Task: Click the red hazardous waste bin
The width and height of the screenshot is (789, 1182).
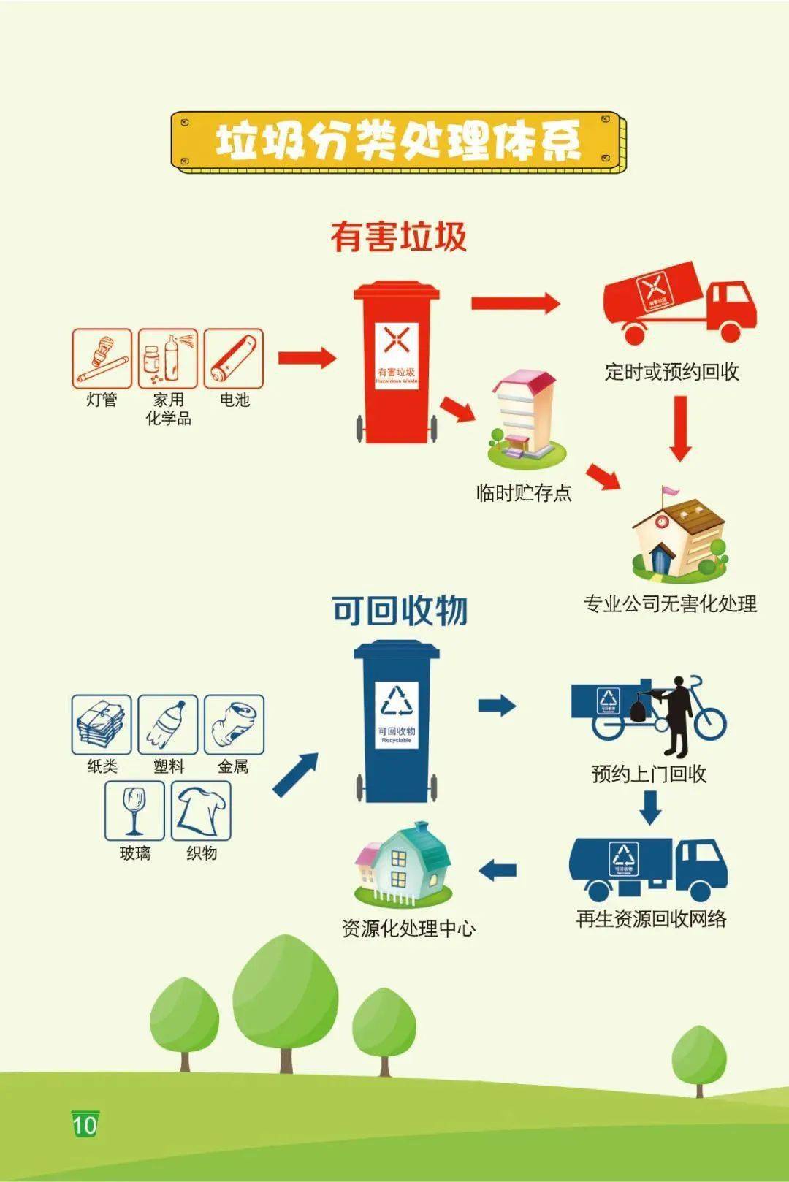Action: pos(397,365)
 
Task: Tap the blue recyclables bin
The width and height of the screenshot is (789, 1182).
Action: pos(397,723)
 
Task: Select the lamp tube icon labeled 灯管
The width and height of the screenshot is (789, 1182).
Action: pos(102,359)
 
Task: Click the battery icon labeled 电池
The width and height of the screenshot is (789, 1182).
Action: pos(233,359)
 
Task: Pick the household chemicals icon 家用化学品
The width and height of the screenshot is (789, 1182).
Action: pos(168,359)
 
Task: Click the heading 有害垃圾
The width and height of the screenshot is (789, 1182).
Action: pos(398,237)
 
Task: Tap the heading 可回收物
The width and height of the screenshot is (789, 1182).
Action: pos(399,610)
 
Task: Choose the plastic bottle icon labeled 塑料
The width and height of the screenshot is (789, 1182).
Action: pos(168,725)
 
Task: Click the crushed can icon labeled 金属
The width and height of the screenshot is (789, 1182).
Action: pos(234,725)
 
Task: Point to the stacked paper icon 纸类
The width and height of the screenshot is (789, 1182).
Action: pos(102,725)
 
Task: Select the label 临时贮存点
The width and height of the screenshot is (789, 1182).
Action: pos(524,493)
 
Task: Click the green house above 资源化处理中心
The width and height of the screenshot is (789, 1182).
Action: pos(404,866)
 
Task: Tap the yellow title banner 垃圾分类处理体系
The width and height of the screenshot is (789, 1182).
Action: pos(398,141)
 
